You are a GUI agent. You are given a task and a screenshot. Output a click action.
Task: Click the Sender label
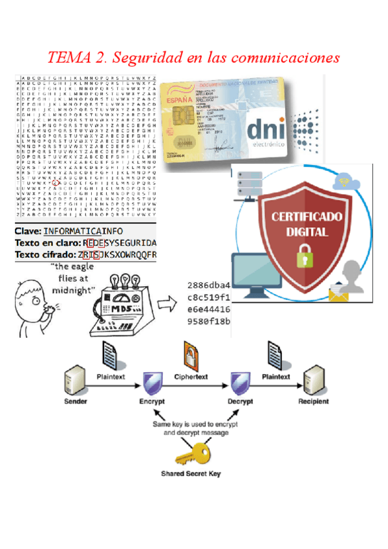tap(76, 402)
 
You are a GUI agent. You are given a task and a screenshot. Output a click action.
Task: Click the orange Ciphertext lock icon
tap(191, 354)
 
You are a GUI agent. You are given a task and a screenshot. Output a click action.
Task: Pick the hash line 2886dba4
tap(208, 285)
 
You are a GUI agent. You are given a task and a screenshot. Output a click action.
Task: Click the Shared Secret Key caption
tap(191, 475)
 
